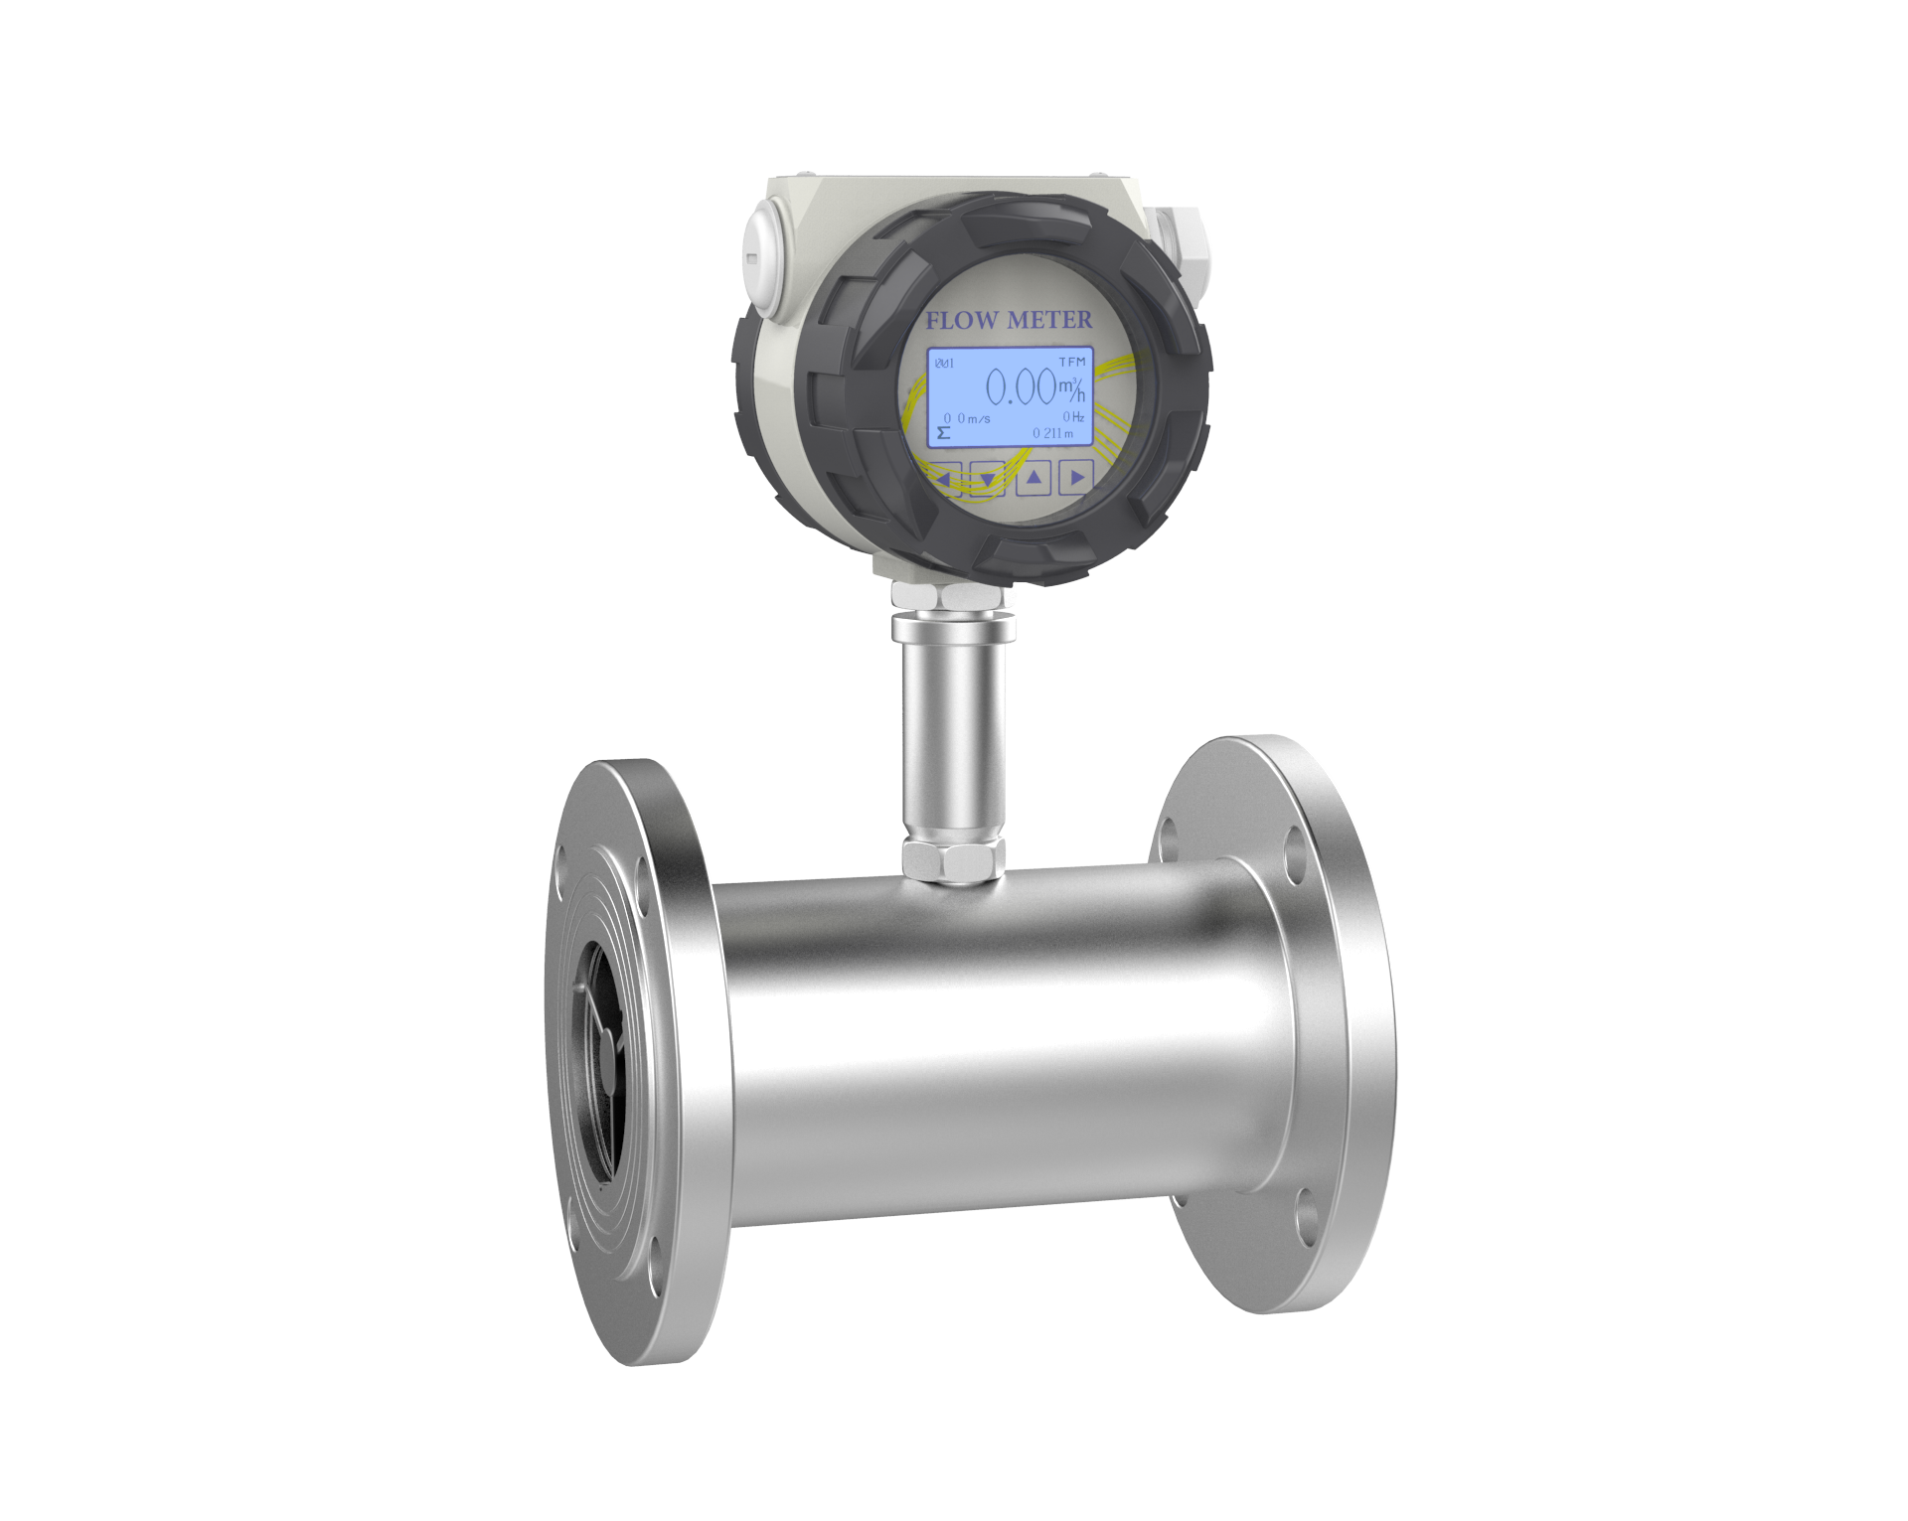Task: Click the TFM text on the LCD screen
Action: pos(1072,361)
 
